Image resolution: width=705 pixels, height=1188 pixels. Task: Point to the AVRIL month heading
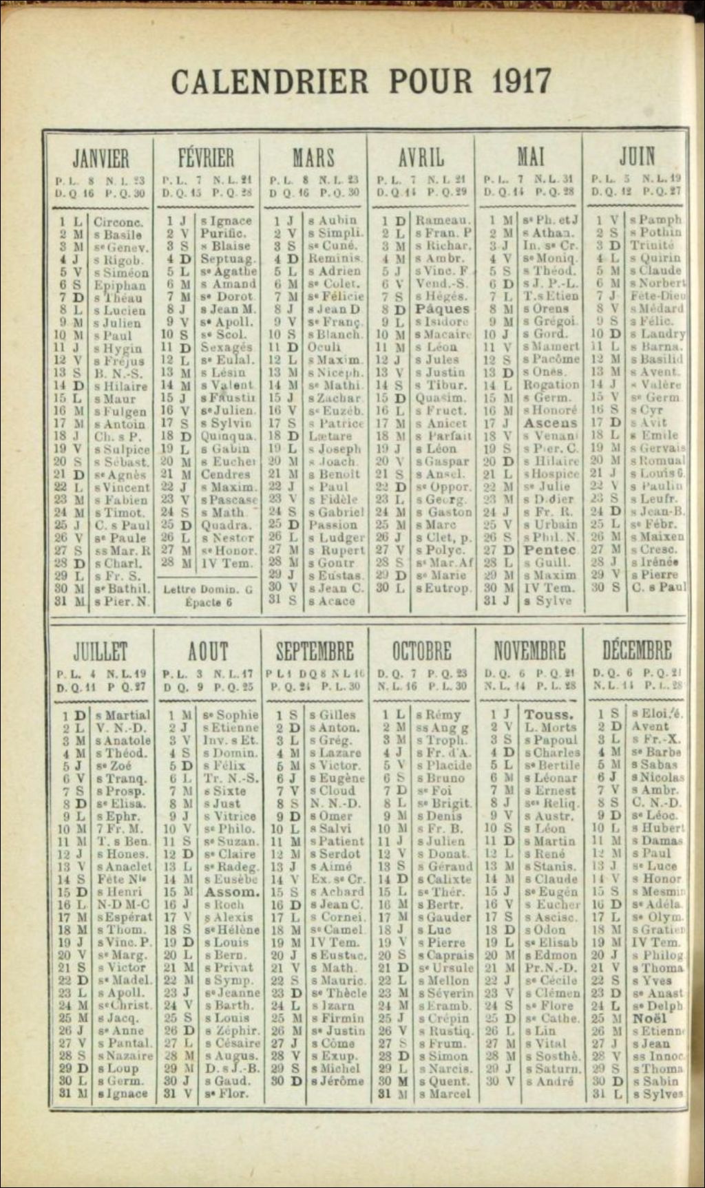(421, 158)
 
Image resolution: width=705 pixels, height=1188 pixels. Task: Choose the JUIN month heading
(636, 157)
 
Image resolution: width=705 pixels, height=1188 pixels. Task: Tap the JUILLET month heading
(101, 651)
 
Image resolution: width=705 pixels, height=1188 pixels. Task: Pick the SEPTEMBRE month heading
(315, 651)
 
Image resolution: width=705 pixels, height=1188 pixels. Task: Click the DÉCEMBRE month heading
(636, 650)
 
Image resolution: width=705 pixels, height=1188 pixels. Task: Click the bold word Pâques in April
(442, 309)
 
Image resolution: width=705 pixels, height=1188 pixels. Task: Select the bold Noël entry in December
(649, 1018)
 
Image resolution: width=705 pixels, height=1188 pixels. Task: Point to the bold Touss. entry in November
(548, 714)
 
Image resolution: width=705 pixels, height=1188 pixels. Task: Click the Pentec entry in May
(549, 550)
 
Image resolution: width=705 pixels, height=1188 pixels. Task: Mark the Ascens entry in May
(549, 423)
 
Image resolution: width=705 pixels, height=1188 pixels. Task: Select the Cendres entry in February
(225, 474)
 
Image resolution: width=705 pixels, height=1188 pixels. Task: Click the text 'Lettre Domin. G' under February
(207, 589)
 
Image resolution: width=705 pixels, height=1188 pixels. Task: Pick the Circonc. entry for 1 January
(118, 222)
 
